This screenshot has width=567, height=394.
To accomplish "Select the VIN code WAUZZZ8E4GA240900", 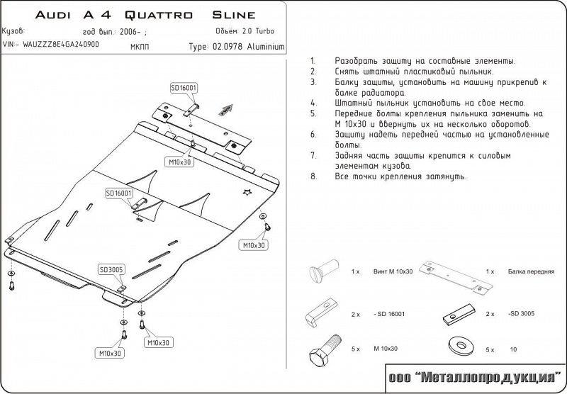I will pyautogui.click(x=60, y=44).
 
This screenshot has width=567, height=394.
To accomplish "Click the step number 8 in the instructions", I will pyautogui.click(x=313, y=177).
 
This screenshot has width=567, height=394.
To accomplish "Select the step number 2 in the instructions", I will pyautogui.click(x=313, y=72).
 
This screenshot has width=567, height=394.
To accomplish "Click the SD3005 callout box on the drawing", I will pyautogui.click(x=111, y=269).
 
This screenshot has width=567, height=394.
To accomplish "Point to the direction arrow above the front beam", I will pyautogui.click(x=225, y=108).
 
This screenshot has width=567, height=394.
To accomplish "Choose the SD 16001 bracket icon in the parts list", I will pyautogui.click(x=319, y=313).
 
